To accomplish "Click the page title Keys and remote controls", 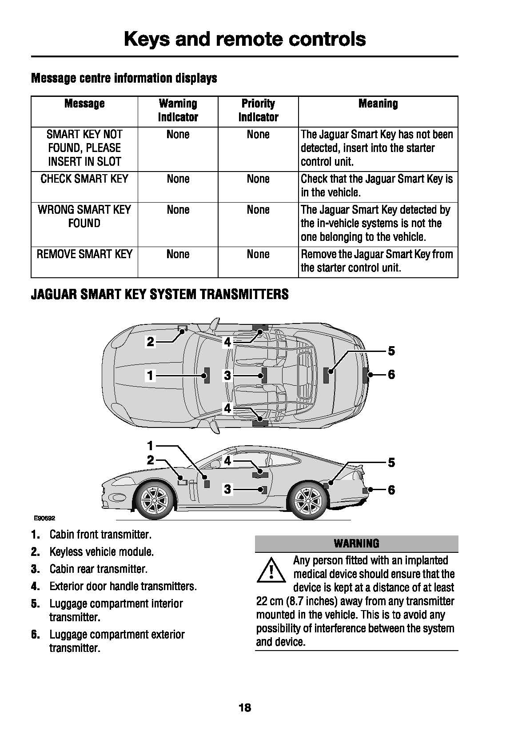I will click(245, 39).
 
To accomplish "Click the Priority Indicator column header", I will click(258, 111).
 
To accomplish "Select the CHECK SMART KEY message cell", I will click(84, 179).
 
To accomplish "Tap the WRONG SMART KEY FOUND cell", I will click(84, 216).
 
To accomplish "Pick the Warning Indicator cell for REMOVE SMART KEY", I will click(178, 255).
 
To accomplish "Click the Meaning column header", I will click(378, 104).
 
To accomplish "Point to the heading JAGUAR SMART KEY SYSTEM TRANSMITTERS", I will click(159, 295).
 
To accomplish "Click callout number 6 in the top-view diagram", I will click(391, 375).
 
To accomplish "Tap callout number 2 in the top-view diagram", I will click(151, 342).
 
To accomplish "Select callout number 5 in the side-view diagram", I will click(391, 463).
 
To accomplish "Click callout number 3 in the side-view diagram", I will click(227, 490).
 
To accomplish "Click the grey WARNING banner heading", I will click(356, 543).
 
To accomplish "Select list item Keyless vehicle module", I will click(101, 552).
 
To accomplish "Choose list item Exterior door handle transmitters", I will click(123, 587).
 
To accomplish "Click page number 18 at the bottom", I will click(245, 708).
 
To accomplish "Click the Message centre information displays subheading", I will click(124, 78).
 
